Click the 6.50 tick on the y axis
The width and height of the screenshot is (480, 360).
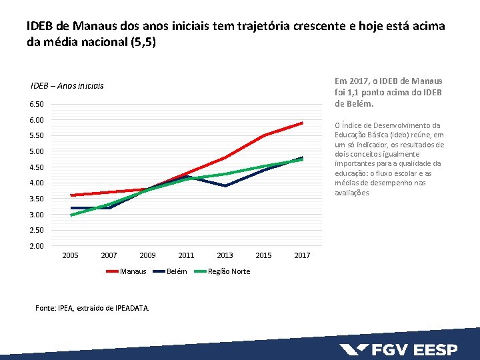(37, 105)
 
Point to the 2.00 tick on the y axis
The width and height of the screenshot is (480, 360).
(37, 247)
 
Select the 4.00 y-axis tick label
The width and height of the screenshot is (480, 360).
(37, 183)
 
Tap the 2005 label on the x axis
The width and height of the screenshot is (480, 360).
(70, 256)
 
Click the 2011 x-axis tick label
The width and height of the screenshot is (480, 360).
(186, 256)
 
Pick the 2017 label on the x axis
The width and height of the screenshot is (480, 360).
(302, 256)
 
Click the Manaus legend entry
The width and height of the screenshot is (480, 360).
(132, 271)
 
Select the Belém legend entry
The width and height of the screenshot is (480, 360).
(176, 271)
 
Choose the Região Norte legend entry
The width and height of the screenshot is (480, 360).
(229, 271)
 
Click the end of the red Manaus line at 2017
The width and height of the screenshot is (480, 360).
(303, 123)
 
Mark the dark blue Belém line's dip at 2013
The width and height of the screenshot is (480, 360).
(225, 186)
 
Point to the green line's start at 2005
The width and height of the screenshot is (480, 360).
(71, 215)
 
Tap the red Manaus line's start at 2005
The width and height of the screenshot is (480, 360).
(71, 195)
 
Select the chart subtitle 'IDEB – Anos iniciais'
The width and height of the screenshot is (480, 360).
(67, 86)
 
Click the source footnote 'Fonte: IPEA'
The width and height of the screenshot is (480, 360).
(92, 307)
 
